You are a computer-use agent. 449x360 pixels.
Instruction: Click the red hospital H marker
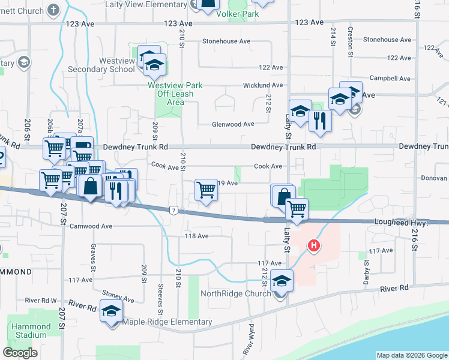[x=313, y=245]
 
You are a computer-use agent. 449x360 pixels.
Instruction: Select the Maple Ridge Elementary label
[x=167, y=322]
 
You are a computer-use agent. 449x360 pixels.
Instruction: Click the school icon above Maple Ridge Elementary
[x=111, y=311]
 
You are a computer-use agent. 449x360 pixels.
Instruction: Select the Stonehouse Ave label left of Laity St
[x=226, y=41]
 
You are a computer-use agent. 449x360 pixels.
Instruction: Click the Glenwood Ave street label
[x=233, y=124]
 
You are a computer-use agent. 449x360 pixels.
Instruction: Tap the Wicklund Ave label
[x=262, y=86]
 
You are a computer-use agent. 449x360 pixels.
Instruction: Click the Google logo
[x=20, y=353]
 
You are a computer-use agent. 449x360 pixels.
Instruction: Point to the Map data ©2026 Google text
[x=411, y=355]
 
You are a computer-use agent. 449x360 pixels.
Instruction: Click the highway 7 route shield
[x=173, y=210]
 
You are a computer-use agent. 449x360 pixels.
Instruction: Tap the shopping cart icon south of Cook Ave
[x=206, y=190]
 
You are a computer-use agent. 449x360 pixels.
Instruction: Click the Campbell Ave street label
[x=390, y=79]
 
